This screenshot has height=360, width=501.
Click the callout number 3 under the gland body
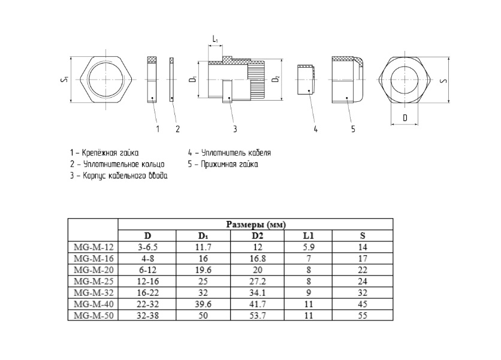235,129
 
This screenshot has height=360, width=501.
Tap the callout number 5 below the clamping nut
353,129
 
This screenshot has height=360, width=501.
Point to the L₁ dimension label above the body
215,40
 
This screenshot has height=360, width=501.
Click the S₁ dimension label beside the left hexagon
64,80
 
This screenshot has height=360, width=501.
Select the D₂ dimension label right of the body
276,79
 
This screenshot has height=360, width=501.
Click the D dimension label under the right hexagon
405,118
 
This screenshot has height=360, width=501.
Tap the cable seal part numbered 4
306,80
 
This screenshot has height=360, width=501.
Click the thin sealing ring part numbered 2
171,80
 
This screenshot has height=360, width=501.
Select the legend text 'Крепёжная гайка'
110,153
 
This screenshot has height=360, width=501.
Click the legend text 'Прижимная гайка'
230,164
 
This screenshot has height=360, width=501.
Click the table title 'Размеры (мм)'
256,225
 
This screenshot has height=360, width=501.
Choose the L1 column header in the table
309,236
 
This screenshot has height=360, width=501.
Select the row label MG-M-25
93,282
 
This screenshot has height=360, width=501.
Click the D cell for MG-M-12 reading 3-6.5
147,247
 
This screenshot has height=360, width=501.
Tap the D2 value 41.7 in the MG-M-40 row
257,304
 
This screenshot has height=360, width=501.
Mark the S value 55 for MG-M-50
363,316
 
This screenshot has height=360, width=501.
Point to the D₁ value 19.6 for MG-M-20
203,270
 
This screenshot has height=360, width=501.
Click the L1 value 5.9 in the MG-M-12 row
309,247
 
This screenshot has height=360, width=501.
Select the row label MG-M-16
93,258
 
